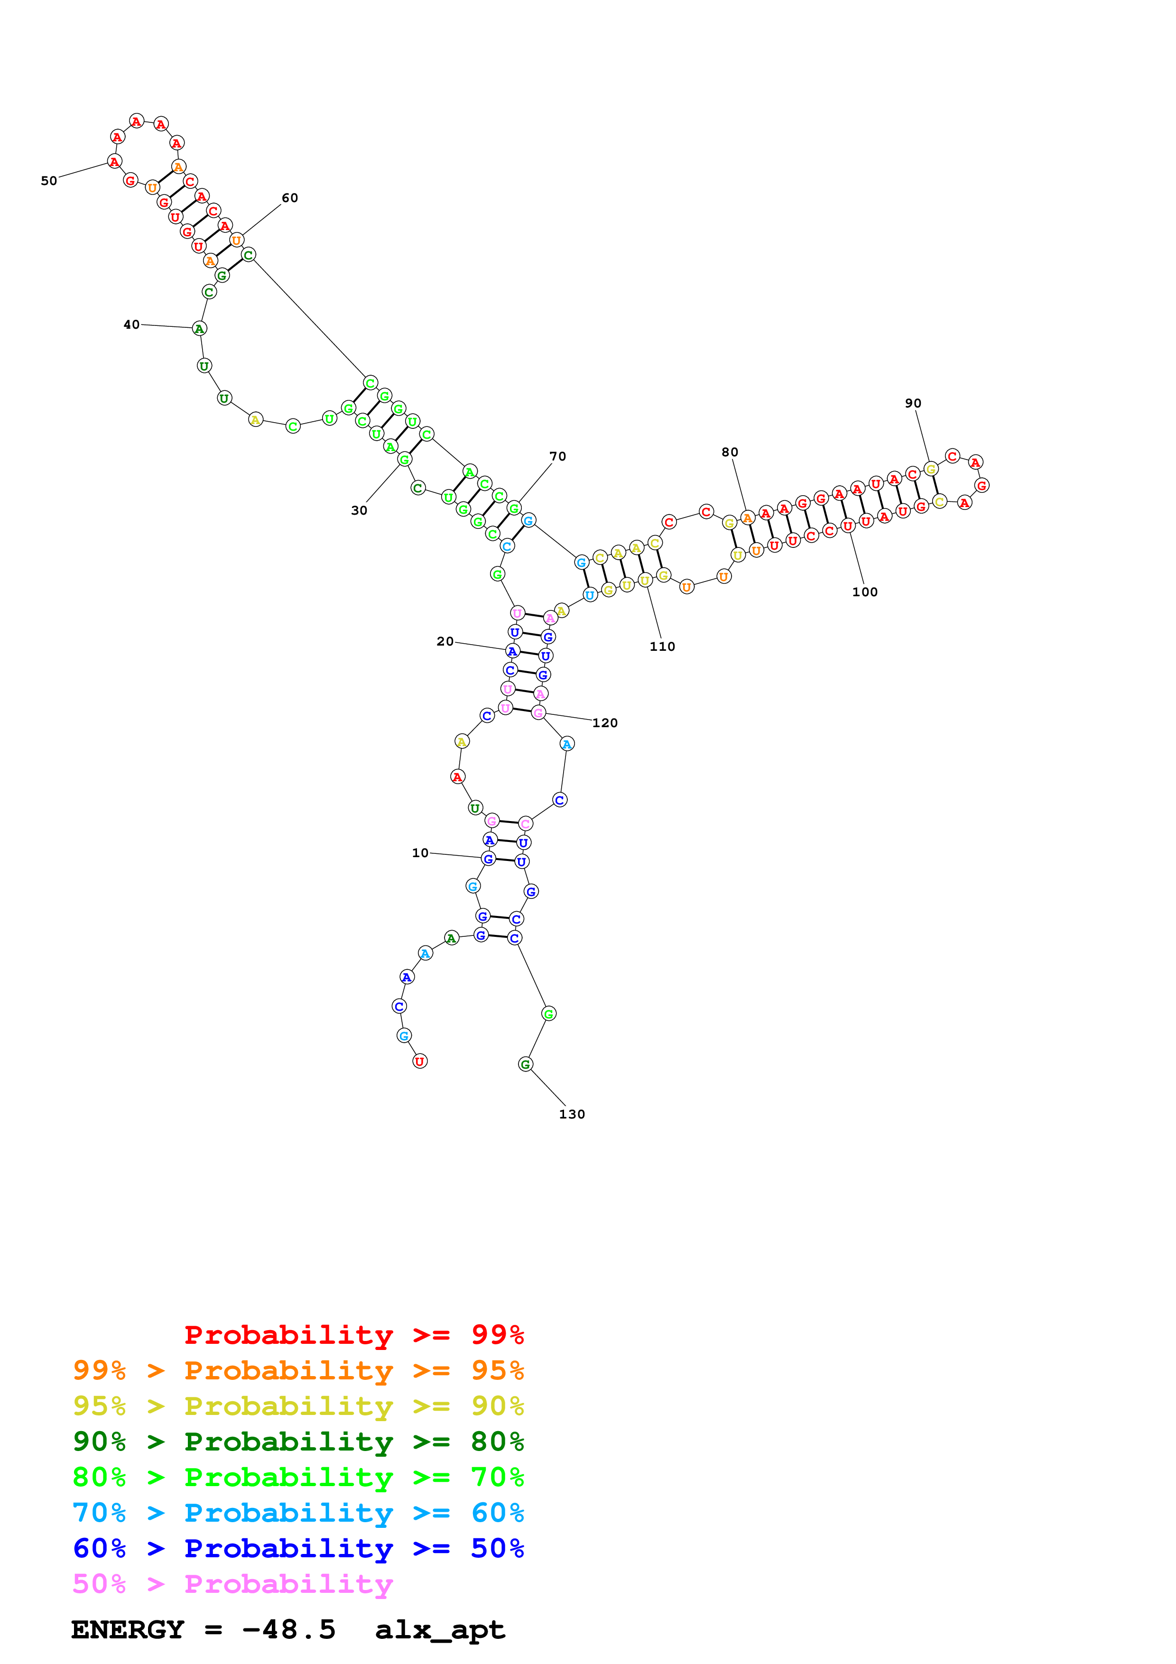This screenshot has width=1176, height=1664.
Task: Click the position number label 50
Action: click(x=48, y=180)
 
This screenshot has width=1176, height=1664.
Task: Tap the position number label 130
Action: click(x=572, y=1114)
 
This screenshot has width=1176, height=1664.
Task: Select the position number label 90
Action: click(x=913, y=403)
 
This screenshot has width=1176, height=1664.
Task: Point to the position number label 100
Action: click(x=864, y=592)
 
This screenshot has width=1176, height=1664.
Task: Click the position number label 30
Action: click(x=359, y=510)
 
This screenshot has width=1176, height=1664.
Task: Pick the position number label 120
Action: click(x=605, y=722)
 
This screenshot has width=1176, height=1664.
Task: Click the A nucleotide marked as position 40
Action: click(x=199, y=328)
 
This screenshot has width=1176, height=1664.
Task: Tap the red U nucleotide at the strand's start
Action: click(x=419, y=1061)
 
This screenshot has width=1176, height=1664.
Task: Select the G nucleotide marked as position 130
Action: click(x=526, y=1064)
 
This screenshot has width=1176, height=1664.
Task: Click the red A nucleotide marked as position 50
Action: click(x=114, y=161)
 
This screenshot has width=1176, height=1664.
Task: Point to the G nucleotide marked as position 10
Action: click(x=488, y=858)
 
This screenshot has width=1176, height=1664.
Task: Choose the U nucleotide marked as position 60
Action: click(x=236, y=240)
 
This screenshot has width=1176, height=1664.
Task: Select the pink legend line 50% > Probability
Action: click(x=232, y=1583)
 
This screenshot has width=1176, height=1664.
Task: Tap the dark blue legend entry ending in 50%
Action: click(x=298, y=1548)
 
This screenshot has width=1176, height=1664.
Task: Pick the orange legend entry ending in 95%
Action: click(x=298, y=1370)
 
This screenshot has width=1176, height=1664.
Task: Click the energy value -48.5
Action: click(x=289, y=1629)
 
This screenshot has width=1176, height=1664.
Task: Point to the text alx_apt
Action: click(x=440, y=1629)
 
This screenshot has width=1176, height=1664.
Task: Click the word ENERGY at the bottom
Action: click(x=128, y=1629)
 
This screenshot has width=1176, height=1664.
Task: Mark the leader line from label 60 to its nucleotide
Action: click(x=261, y=220)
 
